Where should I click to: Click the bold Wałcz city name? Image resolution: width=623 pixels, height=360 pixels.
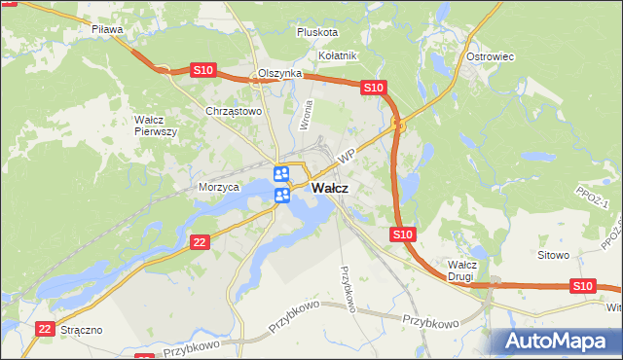pyautogui.click(x=331, y=188)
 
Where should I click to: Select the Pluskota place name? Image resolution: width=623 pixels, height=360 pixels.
pyautogui.click(x=317, y=31)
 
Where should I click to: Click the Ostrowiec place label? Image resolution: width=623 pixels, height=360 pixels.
pyautogui.click(x=490, y=56)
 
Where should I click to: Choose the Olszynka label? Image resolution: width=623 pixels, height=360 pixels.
pyautogui.click(x=280, y=74)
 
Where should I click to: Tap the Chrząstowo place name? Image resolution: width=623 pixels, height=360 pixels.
pyautogui.click(x=235, y=111)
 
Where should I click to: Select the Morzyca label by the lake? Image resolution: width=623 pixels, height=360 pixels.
pyautogui.click(x=219, y=187)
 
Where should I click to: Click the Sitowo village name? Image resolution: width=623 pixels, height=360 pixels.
pyautogui.click(x=553, y=255)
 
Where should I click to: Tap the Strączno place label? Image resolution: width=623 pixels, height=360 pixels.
pyautogui.click(x=82, y=331)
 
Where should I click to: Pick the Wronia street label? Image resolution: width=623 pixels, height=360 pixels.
pyautogui.click(x=307, y=116)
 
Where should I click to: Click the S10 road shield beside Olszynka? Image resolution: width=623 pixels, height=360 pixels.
pyautogui.click(x=202, y=70)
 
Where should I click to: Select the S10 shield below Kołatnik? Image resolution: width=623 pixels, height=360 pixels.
pyautogui.click(x=374, y=88)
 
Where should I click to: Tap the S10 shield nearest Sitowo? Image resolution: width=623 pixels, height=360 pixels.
pyautogui.click(x=582, y=285)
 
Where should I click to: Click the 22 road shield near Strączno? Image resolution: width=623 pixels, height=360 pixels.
pyautogui.click(x=44, y=330)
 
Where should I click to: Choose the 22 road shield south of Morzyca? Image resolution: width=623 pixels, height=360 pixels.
pyautogui.click(x=200, y=242)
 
